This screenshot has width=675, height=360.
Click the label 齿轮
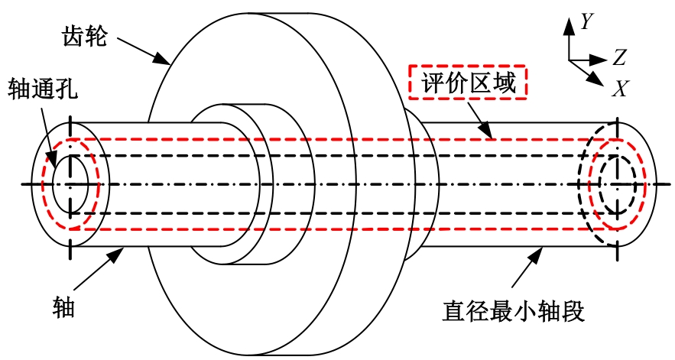85,36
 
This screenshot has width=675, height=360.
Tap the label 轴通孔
42,89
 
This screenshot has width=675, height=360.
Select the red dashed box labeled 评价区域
468,83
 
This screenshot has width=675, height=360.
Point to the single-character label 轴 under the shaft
63,307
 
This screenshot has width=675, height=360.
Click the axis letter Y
587,21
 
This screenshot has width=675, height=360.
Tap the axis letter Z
619,57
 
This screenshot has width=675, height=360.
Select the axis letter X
620,88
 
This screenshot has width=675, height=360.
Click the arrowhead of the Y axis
569,26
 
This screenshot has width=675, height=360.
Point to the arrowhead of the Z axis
599,60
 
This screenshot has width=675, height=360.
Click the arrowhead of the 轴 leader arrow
117,255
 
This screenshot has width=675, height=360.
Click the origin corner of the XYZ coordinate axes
569,60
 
